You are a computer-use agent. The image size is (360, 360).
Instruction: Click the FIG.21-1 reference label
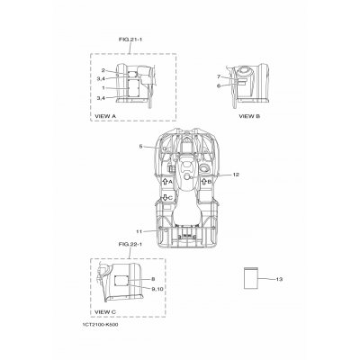point(130,39)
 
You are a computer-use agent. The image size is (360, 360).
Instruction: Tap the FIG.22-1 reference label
point(130,245)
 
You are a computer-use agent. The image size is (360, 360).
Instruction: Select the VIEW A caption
point(105,116)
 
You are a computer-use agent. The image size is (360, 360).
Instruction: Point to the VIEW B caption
point(249,116)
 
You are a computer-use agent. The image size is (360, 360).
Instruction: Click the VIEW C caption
point(105,312)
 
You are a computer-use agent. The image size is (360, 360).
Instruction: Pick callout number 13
point(279,279)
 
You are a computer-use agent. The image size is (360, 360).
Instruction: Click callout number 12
point(236,175)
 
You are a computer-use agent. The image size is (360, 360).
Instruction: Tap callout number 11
point(139,231)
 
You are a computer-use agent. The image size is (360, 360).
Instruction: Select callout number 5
point(140,147)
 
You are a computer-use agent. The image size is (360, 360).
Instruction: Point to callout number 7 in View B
point(219,76)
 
